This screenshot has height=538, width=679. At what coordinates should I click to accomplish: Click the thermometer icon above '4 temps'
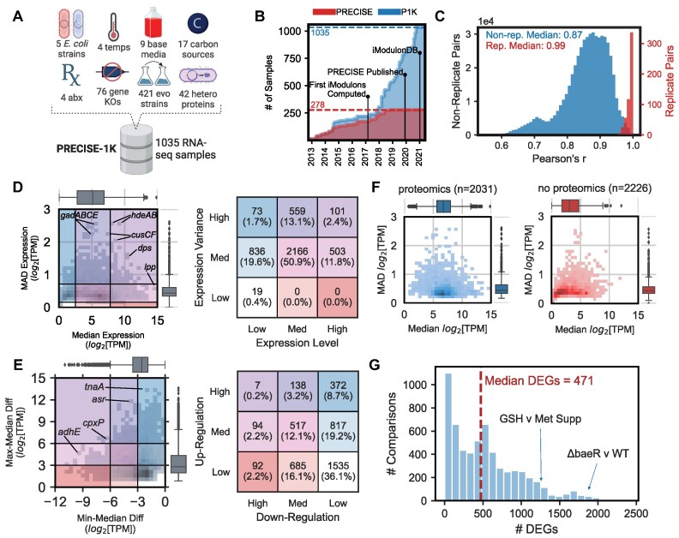[114, 27]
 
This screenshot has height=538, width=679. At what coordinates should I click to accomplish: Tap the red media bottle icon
[153, 24]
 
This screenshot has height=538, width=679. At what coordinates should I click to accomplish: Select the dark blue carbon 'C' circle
[197, 24]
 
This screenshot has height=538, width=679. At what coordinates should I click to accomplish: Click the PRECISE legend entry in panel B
[343, 12]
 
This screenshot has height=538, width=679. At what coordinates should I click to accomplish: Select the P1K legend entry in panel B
[398, 12]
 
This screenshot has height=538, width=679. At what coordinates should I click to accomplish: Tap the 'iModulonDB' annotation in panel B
[395, 51]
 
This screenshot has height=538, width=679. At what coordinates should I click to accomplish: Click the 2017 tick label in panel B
[365, 156]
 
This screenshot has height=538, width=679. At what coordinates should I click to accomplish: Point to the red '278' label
[318, 105]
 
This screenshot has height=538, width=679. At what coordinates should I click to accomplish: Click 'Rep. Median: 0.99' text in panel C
[526, 45]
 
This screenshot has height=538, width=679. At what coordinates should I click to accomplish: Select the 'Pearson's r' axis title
[559, 158]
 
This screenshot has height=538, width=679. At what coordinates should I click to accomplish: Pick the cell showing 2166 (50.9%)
[297, 257]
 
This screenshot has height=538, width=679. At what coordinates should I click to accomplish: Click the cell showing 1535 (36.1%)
[338, 471]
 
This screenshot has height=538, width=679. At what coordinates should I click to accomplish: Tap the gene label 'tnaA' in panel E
[95, 386]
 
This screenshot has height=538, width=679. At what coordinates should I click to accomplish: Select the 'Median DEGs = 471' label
[538, 381]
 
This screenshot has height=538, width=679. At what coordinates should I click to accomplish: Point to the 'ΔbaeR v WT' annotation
[598, 453]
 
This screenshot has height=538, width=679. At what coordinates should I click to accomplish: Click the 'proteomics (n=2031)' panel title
[448, 188]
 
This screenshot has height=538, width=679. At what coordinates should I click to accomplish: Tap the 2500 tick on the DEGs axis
[636, 514]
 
